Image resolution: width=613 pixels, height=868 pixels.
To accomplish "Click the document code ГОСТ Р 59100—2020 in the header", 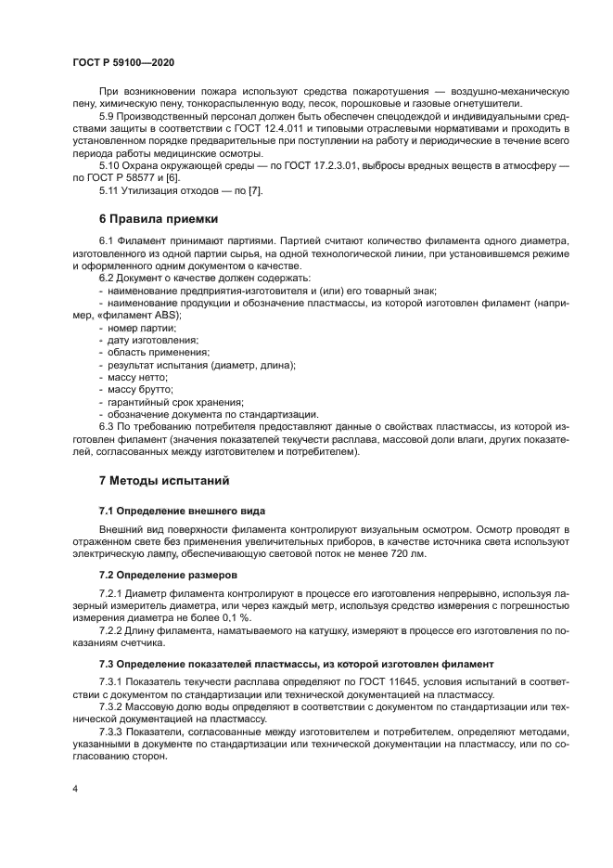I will coord(124,60).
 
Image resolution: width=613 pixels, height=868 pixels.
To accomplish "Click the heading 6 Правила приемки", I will coord(159,219).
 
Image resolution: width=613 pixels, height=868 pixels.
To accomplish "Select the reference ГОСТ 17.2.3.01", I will coord(329,164).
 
